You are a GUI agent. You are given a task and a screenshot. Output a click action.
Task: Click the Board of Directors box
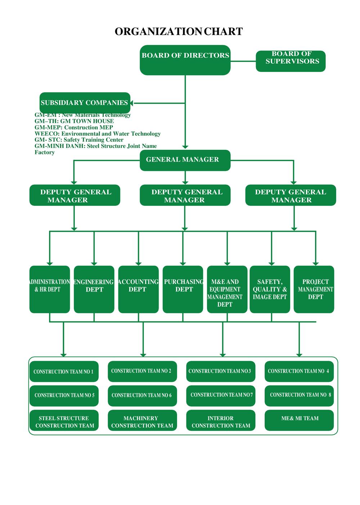(x=185, y=60)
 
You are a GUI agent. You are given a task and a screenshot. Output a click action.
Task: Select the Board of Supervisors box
(x=291, y=61)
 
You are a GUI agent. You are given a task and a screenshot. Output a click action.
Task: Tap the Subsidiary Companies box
(x=85, y=103)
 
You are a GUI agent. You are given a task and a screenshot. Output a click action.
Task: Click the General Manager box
(x=185, y=160)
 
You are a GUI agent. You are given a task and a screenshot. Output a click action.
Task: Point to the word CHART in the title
(x=223, y=32)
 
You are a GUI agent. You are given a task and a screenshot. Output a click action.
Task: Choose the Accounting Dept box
(x=138, y=289)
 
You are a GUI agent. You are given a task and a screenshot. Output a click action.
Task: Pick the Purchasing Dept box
(x=183, y=289)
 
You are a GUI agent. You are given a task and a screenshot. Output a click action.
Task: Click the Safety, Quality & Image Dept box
(x=270, y=289)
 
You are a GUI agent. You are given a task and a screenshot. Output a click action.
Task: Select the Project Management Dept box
(x=314, y=289)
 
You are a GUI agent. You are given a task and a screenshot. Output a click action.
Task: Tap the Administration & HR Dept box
(x=50, y=289)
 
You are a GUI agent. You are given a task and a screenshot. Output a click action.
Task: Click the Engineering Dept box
(x=94, y=289)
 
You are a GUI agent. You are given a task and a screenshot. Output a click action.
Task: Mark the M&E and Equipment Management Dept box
(x=227, y=289)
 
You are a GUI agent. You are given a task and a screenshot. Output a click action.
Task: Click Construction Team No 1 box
(x=64, y=371)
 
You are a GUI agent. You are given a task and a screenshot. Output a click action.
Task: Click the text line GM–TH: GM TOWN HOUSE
(x=74, y=121)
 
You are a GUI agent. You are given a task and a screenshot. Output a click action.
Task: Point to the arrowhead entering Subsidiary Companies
(x=132, y=103)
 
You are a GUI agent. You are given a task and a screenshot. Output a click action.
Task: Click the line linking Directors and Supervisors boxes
(x=243, y=61)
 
